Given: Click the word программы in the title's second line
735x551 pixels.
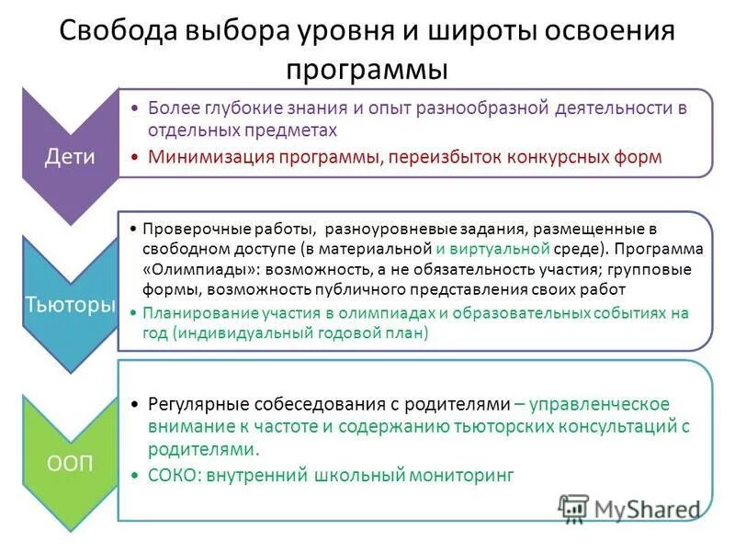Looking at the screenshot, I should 367,69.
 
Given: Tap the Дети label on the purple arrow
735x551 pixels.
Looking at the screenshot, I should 70,156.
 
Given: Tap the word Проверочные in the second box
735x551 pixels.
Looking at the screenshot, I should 187,228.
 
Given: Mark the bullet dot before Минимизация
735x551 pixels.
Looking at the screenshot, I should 134,157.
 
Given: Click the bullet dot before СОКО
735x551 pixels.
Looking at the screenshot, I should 135,476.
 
